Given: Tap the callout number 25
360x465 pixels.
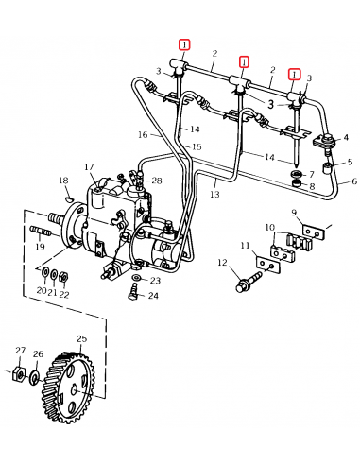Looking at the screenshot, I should (81, 338).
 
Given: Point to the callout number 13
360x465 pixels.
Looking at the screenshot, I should (214, 194).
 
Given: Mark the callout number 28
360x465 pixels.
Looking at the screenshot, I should (157, 181).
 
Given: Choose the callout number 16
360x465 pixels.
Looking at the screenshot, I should (142, 135).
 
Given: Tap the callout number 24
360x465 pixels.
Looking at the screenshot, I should (153, 296).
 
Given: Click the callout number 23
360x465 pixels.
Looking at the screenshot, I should (155, 281).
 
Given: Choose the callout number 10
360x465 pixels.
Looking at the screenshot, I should (269, 228).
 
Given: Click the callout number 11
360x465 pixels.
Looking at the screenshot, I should (246, 248).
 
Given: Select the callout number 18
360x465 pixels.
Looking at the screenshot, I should (63, 180).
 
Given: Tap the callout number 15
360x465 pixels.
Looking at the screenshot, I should (197, 147).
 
